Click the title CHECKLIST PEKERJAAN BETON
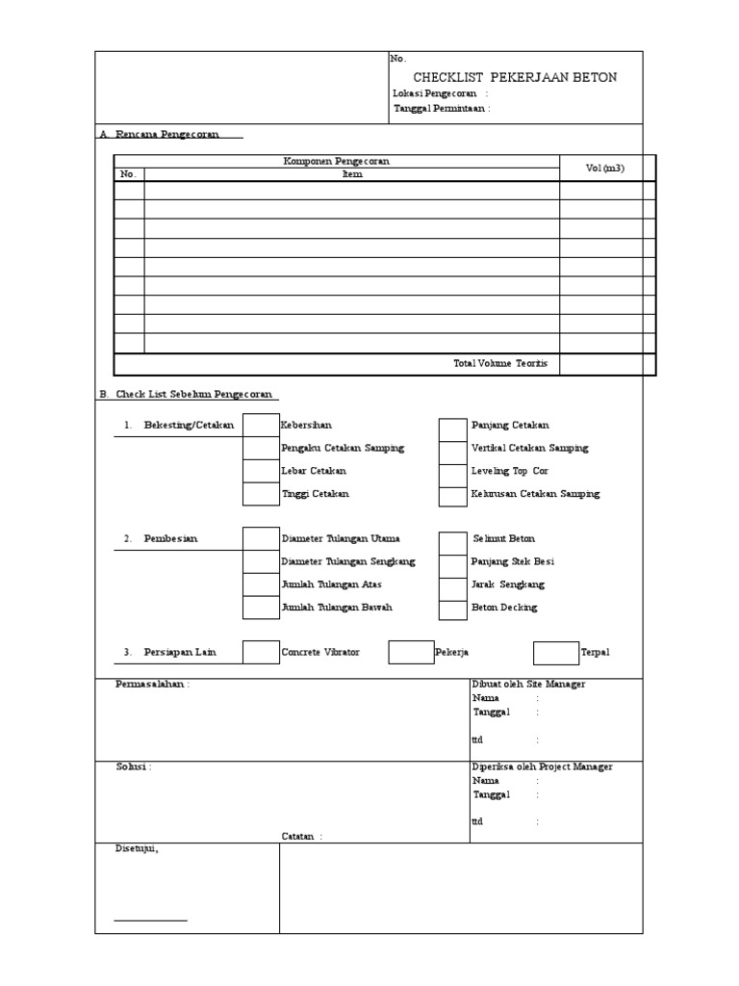(x=515, y=77)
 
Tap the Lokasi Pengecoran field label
(x=440, y=93)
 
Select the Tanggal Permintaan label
(x=441, y=109)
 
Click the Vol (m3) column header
(x=605, y=168)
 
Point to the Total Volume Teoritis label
(x=500, y=363)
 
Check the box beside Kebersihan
(x=260, y=425)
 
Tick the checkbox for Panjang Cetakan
(x=452, y=427)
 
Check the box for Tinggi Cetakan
(x=260, y=494)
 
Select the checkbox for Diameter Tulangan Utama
(x=260, y=538)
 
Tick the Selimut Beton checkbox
(x=452, y=540)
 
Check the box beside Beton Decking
(x=452, y=609)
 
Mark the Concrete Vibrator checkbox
(x=260, y=653)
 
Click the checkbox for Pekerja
(x=411, y=653)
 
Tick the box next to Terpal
(x=556, y=653)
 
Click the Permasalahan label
(x=152, y=684)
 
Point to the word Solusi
(x=133, y=766)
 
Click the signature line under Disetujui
(x=150, y=921)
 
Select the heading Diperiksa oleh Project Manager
(x=542, y=766)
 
